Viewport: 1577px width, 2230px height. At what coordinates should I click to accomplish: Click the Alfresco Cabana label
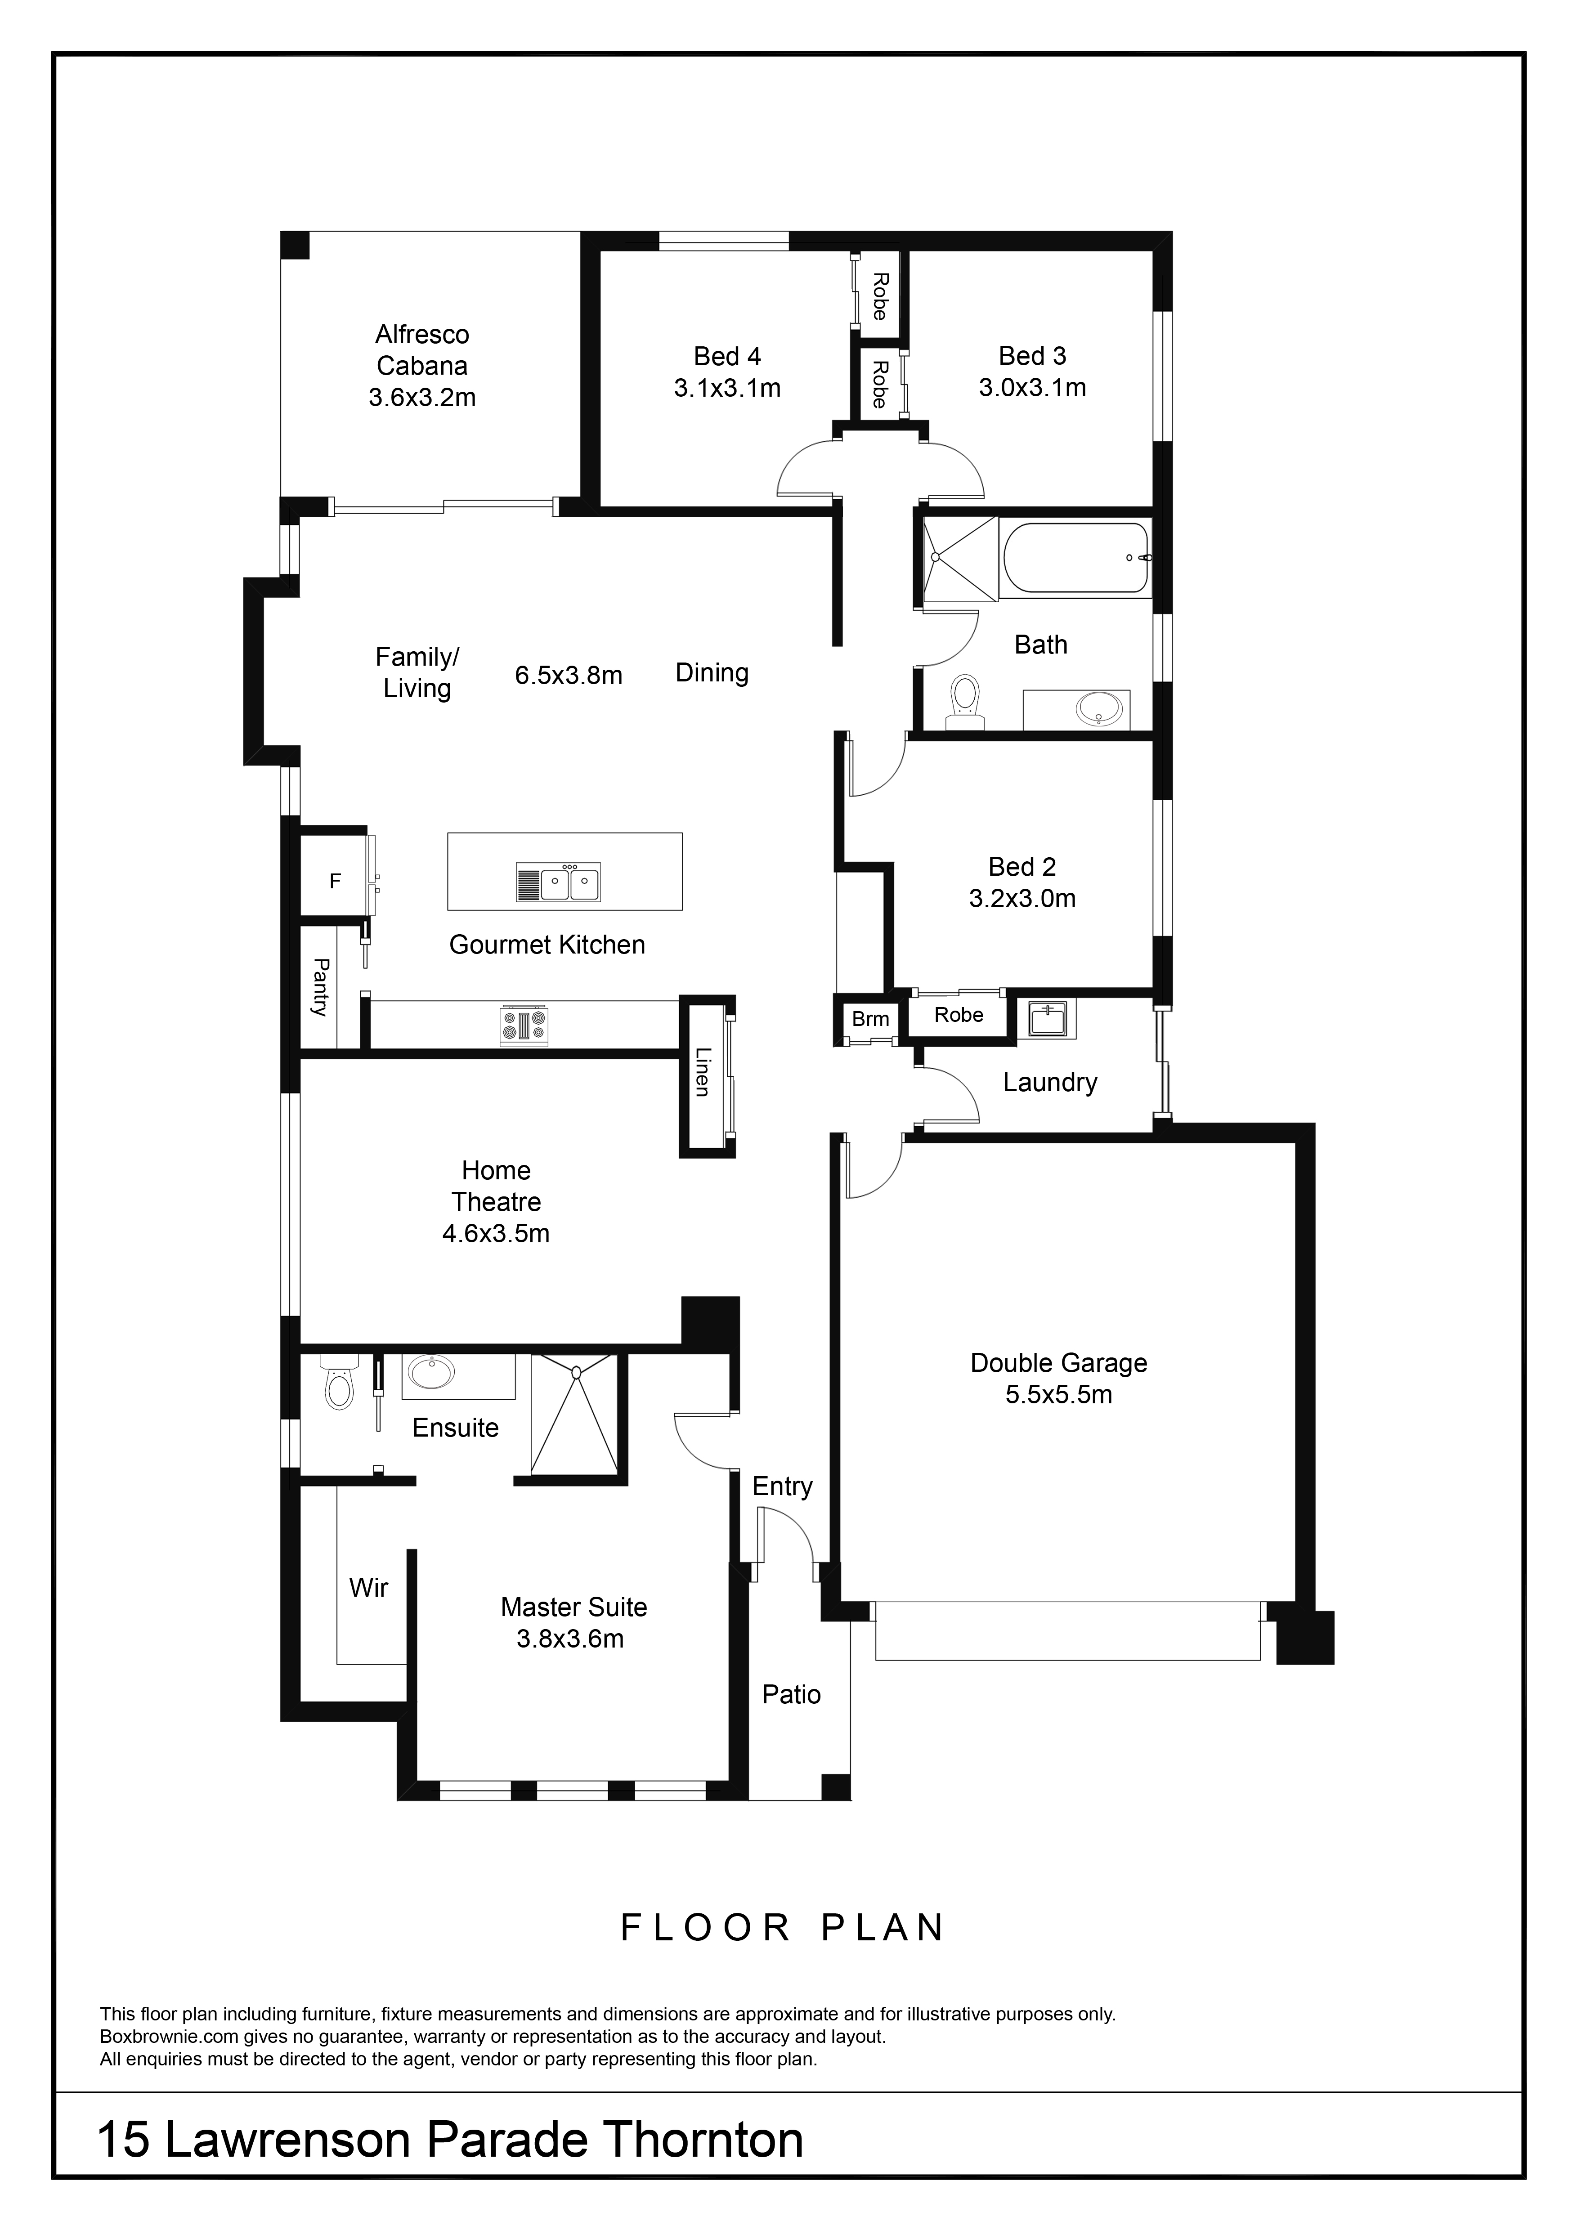tap(422, 351)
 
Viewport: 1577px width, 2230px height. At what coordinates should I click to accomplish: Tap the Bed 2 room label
tap(1021, 866)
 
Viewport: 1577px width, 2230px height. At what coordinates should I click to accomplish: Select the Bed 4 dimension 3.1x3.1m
tap(727, 389)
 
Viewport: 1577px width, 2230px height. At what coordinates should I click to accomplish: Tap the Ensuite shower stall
tap(574, 1415)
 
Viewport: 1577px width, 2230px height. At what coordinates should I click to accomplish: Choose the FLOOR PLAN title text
tap(783, 1928)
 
